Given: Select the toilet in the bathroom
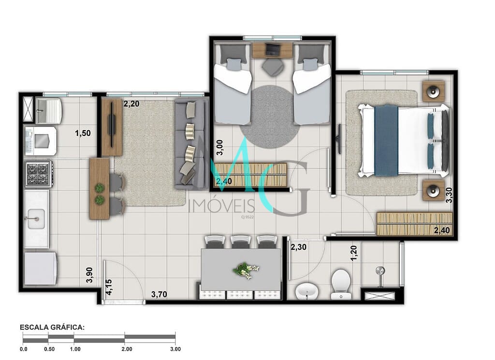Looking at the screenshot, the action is point(340,284).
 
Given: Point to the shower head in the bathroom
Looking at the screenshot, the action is point(380,271).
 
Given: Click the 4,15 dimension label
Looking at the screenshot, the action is point(109,287).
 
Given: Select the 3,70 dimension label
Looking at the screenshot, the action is point(159,295).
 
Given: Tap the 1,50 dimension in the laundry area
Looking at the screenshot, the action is point(83,133).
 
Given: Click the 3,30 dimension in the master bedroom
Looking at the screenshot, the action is point(449,195).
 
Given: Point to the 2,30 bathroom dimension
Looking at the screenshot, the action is point(298,247).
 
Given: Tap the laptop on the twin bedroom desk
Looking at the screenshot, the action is point(272,49).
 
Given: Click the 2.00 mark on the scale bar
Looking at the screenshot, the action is point(127,349).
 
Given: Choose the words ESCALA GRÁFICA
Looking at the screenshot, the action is point(52,327).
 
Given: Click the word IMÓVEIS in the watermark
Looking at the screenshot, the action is point(221,206).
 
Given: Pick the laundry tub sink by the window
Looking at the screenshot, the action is point(49,111).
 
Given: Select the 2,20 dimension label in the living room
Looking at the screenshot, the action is point(131,104).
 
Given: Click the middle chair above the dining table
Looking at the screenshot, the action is point(241,241).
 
